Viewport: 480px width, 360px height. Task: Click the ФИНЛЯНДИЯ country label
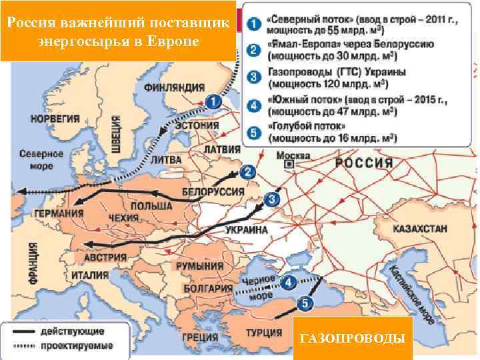pos(175,87)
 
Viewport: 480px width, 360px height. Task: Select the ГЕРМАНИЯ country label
pos(59,213)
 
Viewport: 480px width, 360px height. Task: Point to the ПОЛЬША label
pos(151,207)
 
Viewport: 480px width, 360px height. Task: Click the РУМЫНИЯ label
pos(199,266)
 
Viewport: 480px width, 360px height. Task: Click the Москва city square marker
pos(288,163)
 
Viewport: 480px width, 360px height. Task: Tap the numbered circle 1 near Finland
pos(212,102)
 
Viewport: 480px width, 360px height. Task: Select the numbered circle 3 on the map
pos(272,199)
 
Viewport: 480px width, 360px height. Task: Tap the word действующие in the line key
pos(80,331)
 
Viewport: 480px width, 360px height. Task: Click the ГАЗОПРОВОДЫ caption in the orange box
pos(352,340)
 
